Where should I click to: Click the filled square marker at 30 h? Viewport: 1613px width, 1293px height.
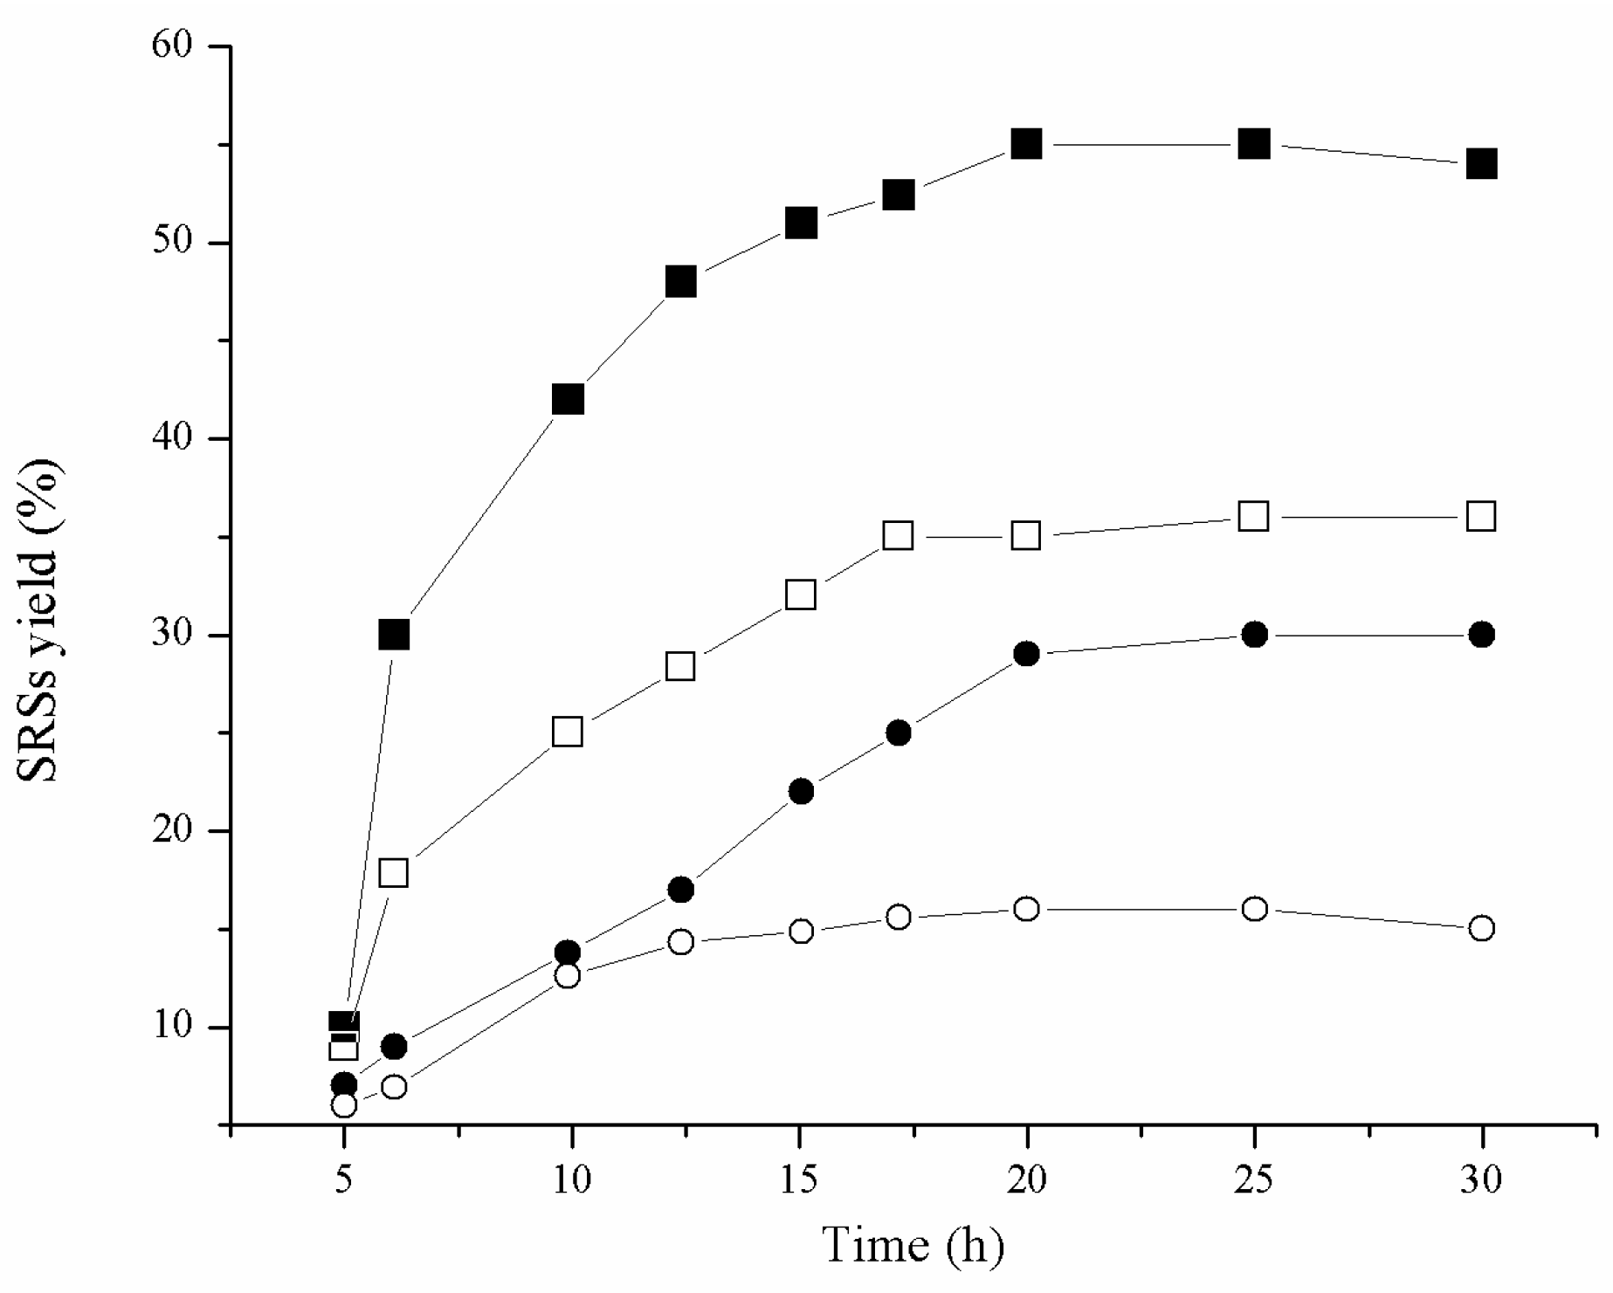(1481, 163)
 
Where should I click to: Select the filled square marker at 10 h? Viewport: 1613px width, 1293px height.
(568, 400)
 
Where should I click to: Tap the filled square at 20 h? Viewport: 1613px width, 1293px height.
(1026, 143)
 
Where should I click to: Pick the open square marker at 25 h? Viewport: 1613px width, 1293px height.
(1254, 516)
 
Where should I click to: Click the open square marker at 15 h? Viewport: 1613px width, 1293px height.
(800, 595)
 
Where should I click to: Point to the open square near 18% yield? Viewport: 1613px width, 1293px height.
(394, 872)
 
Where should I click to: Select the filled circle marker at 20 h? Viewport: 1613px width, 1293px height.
(1027, 653)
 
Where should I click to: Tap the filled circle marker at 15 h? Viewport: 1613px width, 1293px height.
(801, 791)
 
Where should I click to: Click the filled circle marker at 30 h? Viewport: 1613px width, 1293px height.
(1481, 635)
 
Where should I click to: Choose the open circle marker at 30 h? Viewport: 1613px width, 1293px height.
(1481, 928)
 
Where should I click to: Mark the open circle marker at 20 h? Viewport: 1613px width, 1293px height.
(1027, 909)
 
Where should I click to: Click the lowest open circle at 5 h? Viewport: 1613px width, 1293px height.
(344, 1105)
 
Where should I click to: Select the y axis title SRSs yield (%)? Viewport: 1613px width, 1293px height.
(40, 620)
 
